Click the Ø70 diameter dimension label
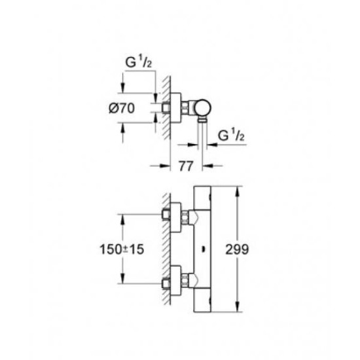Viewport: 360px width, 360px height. (x=122, y=108)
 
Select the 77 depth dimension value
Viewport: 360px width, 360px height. (x=186, y=166)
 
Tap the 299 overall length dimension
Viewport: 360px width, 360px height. (x=237, y=249)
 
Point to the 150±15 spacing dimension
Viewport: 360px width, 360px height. (x=122, y=249)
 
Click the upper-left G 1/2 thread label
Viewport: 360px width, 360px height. (x=139, y=62)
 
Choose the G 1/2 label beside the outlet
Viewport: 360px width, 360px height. (x=231, y=135)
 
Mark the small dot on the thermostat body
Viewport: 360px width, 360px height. (x=203, y=249)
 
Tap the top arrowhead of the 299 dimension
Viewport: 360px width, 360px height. (x=238, y=191)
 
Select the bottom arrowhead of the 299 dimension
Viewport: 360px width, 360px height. (x=238, y=307)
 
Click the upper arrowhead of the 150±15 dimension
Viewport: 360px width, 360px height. (x=122, y=219)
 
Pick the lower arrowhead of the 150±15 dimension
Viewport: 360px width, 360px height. (x=122, y=278)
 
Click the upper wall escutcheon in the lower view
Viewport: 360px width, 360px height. (x=175, y=217)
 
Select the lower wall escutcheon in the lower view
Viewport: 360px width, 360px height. (x=175, y=281)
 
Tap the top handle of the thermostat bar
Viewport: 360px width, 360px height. (x=202, y=198)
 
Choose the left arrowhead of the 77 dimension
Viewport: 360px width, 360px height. (x=165, y=166)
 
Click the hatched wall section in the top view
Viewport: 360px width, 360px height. (x=167, y=107)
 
